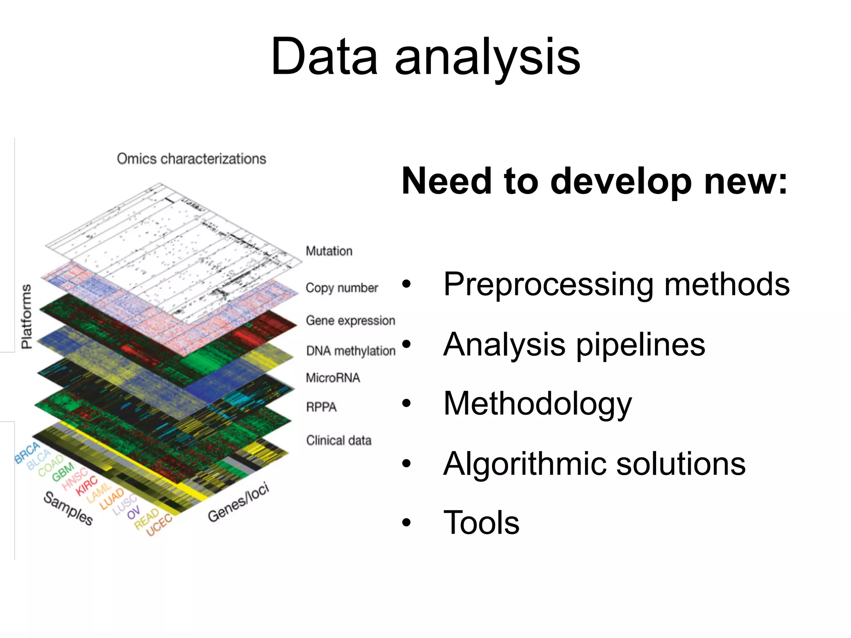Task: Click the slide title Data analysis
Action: [425, 57]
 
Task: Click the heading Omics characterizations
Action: [191, 159]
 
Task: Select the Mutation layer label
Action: [329, 251]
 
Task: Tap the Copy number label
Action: [342, 288]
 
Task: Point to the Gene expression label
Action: [350, 321]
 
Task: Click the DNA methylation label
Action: [350, 351]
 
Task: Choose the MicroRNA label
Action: [332, 378]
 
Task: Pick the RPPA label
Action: [321, 407]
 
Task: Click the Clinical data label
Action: [338, 440]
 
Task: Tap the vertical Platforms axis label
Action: [26, 317]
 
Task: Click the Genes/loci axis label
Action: [238, 503]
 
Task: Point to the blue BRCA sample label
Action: [27, 453]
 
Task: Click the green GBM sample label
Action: [63, 472]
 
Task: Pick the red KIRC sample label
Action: [86, 486]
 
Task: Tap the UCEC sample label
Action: [159, 525]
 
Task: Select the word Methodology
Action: [537, 404]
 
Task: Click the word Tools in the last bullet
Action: [481, 523]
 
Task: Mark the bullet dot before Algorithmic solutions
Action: [406, 463]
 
